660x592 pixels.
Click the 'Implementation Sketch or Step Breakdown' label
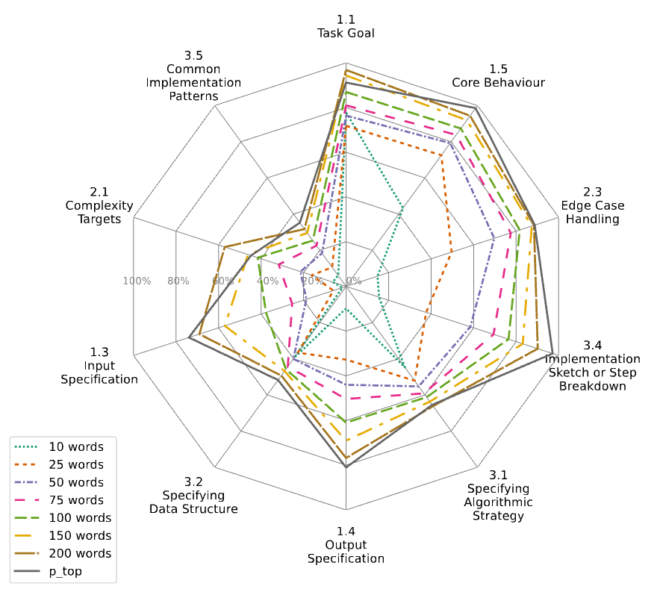click(x=592, y=365)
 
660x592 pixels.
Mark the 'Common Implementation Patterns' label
click(x=193, y=75)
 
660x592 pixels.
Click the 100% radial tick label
click(x=137, y=281)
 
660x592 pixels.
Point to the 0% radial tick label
click(x=354, y=281)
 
